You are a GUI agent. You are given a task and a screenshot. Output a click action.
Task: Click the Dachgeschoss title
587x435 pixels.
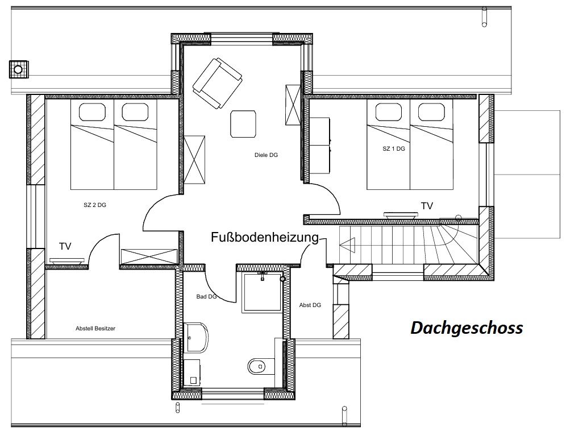tap(467, 328)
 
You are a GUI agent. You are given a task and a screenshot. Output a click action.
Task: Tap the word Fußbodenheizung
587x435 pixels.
tap(265, 237)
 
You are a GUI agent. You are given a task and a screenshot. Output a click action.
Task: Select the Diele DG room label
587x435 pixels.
tap(266, 155)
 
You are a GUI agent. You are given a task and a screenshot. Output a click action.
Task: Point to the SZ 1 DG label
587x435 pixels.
tap(393, 148)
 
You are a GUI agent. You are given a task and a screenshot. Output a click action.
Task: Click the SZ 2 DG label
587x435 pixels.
tap(95, 205)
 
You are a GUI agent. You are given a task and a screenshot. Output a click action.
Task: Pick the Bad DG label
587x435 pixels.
tap(206, 296)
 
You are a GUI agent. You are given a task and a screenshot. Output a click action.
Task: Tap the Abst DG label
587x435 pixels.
tap(310, 305)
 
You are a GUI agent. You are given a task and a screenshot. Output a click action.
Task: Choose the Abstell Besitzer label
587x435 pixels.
tap(95, 328)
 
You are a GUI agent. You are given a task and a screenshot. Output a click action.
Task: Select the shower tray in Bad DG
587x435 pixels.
tap(262, 292)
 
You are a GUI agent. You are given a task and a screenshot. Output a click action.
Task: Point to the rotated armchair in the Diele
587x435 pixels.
tap(217, 84)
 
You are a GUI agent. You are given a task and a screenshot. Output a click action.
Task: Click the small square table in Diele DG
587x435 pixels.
tap(243, 123)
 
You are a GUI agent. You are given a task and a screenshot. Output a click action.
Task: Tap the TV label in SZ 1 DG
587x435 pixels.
tap(427, 206)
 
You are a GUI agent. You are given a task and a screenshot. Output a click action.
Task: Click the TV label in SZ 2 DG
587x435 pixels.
tap(65, 246)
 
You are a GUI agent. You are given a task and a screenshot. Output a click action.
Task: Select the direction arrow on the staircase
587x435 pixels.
tap(347, 245)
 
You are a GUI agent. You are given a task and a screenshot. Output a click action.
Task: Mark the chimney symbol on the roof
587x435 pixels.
tap(18, 69)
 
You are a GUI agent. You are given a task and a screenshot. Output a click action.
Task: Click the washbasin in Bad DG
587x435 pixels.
tap(196, 337)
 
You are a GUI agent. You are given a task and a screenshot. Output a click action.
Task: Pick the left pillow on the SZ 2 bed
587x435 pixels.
tap(92, 112)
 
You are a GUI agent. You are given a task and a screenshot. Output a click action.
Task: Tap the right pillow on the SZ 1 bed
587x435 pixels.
tap(431, 111)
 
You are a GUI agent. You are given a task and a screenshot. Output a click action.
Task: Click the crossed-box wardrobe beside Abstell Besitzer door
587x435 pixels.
tap(149, 256)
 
